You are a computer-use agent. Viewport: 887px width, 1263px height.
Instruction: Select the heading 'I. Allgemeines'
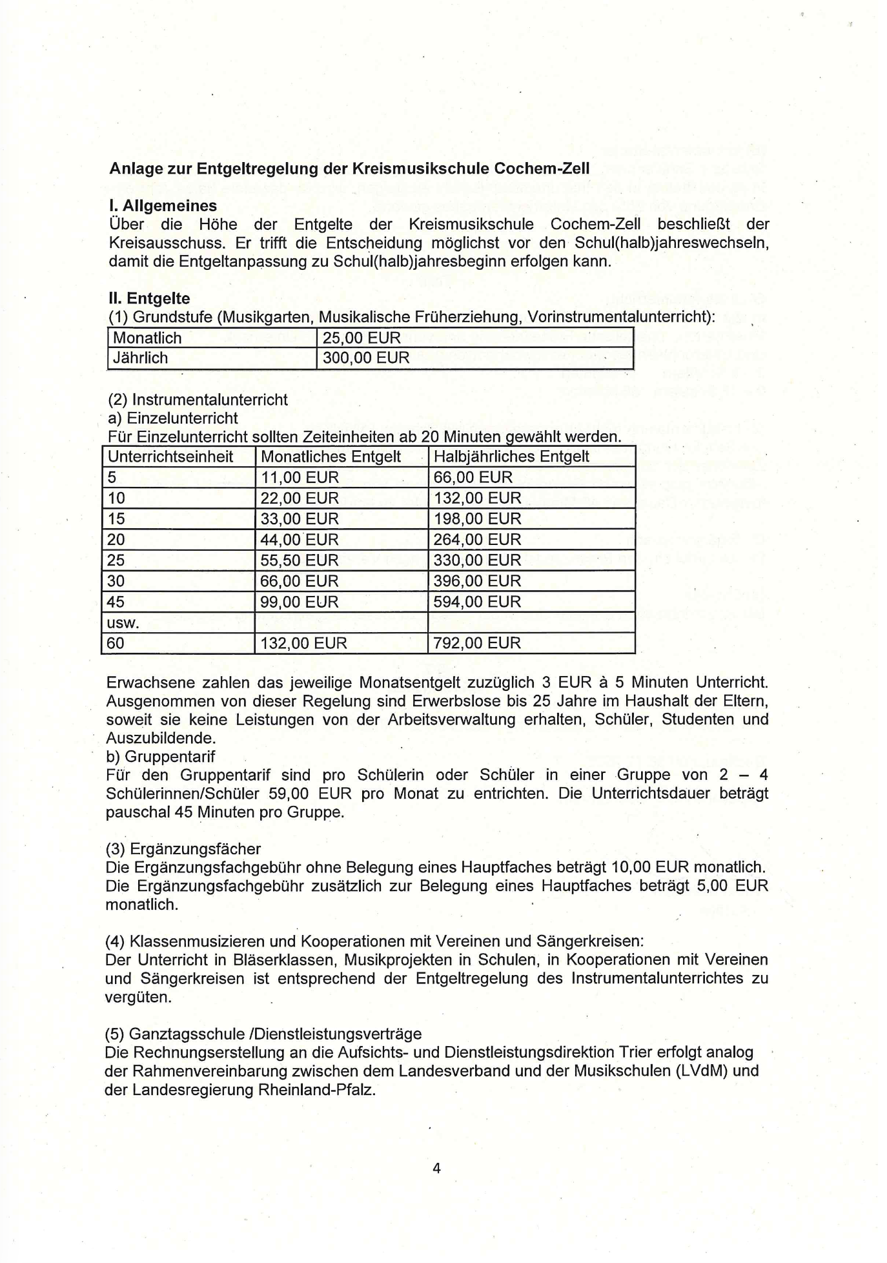(x=163, y=206)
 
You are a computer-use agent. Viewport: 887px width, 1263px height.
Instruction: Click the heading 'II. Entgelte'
(x=149, y=298)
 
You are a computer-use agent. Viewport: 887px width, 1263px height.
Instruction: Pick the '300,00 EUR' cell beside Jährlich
(x=366, y=358)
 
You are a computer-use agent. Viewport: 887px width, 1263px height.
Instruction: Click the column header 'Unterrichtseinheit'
(x=170, y=457)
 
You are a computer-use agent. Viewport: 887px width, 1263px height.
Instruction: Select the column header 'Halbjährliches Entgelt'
(x=511, y=457)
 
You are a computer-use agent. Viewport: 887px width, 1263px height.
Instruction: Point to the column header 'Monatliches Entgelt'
(x=331, y=457)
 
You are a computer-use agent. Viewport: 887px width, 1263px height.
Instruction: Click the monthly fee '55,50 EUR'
(x=300, y=560)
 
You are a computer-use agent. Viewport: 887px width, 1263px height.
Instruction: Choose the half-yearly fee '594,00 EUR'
(x=477, y=602)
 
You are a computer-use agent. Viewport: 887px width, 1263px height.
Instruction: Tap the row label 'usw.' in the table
(x=123, y=622)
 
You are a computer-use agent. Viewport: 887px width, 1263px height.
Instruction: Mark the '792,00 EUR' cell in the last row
(x=477, y=643)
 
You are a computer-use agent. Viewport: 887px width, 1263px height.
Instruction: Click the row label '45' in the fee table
(x=116, y=602)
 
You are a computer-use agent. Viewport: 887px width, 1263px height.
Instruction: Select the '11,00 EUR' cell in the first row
(x=300, y=477)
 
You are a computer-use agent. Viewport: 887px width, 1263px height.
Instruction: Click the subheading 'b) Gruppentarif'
(x=160, y=756)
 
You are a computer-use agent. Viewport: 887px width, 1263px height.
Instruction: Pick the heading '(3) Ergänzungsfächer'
(x=183, y=848)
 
